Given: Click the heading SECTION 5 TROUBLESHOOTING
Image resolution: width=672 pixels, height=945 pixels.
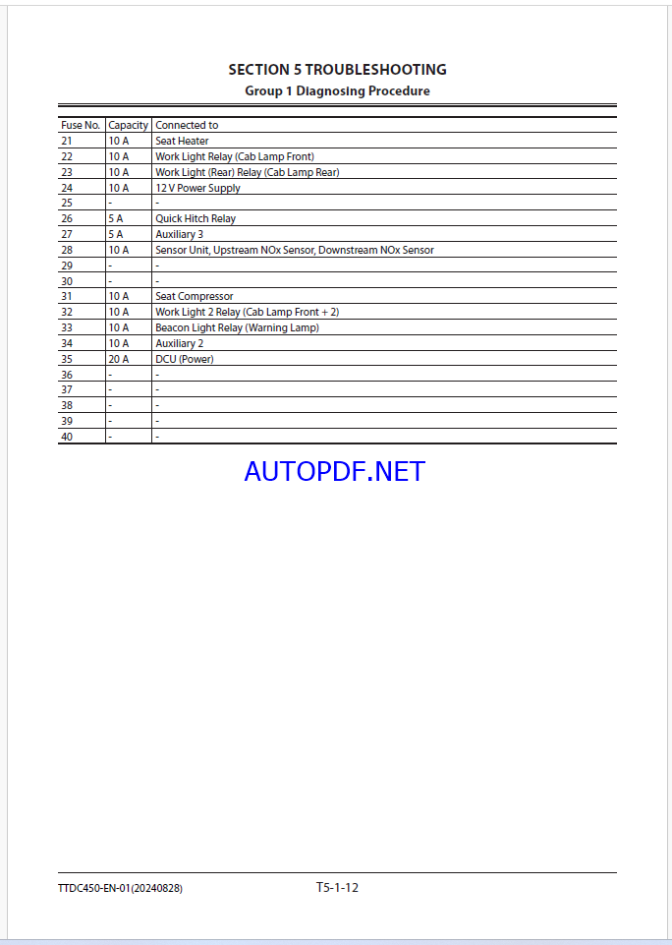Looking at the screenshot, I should tap(337, 70).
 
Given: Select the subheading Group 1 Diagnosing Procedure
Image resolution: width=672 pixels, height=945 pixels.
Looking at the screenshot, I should tap(337, 91).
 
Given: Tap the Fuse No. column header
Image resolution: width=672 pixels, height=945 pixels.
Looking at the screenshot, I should tap(81, 126).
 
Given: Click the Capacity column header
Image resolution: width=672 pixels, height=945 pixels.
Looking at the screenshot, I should tap(128, 126).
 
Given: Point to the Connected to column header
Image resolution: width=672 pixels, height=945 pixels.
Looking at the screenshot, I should tap(187, 126).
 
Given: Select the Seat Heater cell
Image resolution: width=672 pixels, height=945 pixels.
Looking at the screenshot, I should tap(182, 142).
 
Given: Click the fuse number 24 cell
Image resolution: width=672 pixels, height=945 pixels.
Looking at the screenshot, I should tap(67, 188).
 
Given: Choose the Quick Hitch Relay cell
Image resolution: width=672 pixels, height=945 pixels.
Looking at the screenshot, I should tap(196, 219).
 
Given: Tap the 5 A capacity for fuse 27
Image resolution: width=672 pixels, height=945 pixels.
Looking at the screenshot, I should tap(116, 235).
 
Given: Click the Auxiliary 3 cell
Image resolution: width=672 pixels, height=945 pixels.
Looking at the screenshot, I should tap(180, 235).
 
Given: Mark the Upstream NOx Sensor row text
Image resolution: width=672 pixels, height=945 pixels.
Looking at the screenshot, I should tap(294, 251).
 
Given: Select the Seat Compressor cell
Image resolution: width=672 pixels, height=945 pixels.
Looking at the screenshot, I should tap(194, 297).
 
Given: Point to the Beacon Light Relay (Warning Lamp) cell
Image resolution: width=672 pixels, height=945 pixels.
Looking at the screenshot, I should tap(237, 328).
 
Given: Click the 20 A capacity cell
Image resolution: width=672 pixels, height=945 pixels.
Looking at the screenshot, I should tap(119, 360).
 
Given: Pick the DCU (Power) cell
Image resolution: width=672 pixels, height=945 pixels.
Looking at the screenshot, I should tap(184, 360).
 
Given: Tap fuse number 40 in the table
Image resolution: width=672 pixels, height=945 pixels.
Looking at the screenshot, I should tap(67, 437).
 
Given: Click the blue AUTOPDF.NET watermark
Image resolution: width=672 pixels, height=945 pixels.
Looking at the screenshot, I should tap(335, 472).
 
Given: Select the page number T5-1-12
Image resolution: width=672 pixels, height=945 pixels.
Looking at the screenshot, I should tap(337, 888).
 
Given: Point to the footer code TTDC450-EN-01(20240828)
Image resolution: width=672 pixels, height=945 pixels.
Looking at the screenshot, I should tap(120, 889).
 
